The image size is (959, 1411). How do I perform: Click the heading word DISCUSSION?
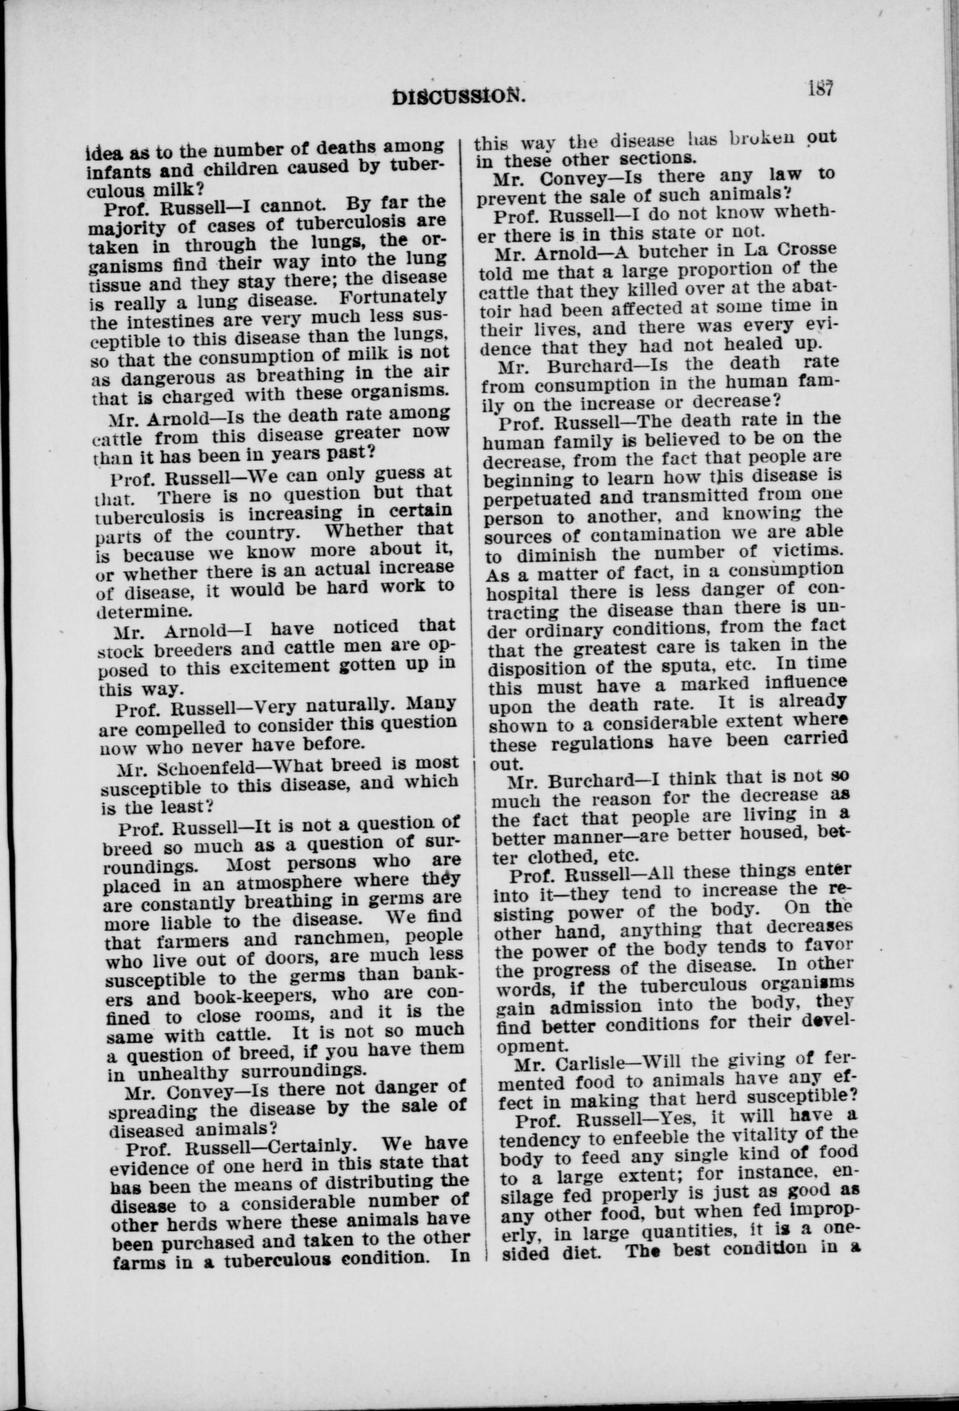click(457, 96)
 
